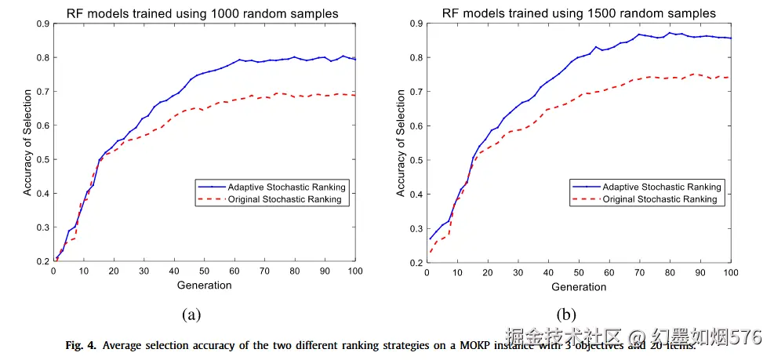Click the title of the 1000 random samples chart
(x=203, y=13)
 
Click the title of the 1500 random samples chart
(x=579, y=13)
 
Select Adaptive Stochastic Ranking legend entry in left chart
(x=286, y=187)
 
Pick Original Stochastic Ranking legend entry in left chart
(x=285, y=199)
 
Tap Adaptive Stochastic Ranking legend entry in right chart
(x=661, y=187)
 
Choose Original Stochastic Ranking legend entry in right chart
(x=660, y=199)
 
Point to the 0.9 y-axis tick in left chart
(x=44, y=24)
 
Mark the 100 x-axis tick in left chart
(x=354, y=271)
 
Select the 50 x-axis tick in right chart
(x=579, y=272)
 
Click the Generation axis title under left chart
(x=204, y=285)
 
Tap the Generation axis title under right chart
(x=579, y=286)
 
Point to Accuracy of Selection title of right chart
(x=401, y=144)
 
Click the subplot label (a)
(x=191, y=315)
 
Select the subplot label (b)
(x=566, y=315)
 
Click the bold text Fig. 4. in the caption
(x=82, y=345)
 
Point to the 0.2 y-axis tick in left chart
(x=44, y=261)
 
